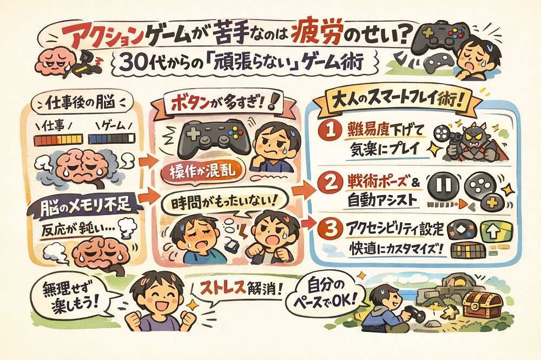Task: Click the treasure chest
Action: pyautogui.click(x=483, y=304)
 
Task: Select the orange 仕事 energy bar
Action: pyautogui.click(x=58, y=139)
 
